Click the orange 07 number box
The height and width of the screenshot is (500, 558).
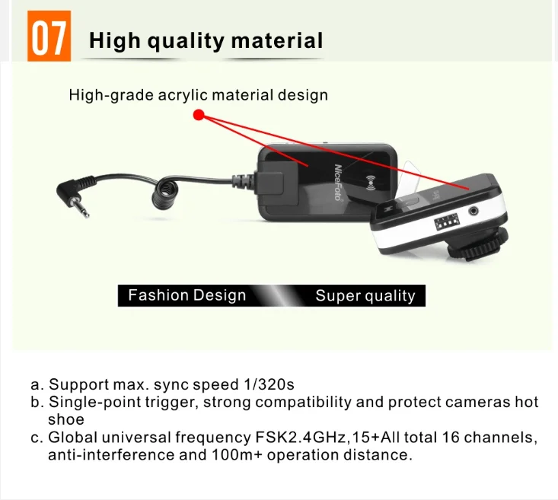pyautogui.click(x=49, y=36)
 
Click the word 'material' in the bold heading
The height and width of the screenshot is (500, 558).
pyautogui.click(x=277, y=40)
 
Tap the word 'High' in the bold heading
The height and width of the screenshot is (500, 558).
pyautogui.click(x=115, y=40)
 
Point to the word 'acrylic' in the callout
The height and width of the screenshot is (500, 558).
pyautogui.click(x=183, y=95)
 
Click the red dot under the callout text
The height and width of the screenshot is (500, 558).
pyautogui.click(x=199, y=116)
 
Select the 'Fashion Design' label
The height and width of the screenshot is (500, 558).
pyautogui.click(x=187, y=295)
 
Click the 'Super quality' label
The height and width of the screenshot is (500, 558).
pyautogui.click(x=365, y=296)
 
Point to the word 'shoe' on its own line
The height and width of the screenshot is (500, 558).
pyautogui.click(x=66, y=419)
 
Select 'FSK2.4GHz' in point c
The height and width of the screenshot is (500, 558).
pyautogui.click(x=301, y=438)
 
